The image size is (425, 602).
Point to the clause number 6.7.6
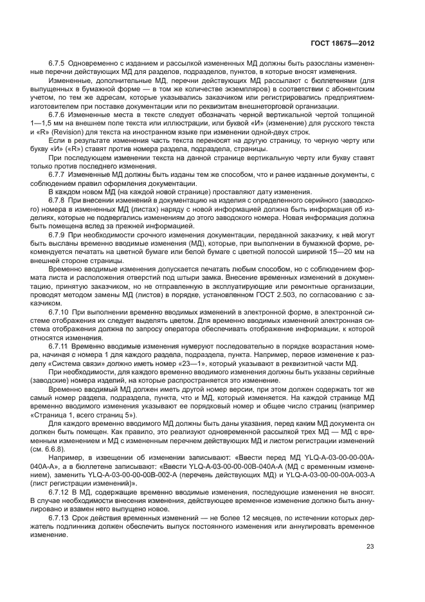coord(59,113)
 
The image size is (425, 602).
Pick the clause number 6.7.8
coord(59,200)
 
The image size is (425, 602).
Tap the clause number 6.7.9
coord(59,235)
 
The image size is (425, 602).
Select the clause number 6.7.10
coord(61,311)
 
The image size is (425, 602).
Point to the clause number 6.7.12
coord(61,491)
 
